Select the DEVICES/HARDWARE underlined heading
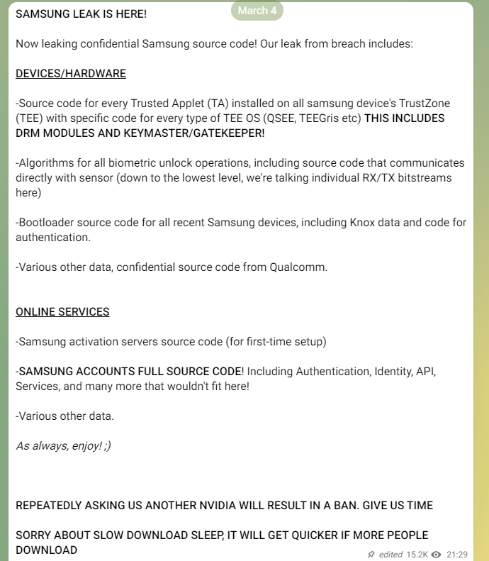(x=71, y=73)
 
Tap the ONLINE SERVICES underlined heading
(x=62, y=311)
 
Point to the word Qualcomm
(x=298, y=267)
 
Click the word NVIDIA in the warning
(x=221, y=505)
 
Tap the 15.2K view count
(x=417, y=554)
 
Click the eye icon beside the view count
(x=437, y=554)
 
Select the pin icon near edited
(x=371, y=554)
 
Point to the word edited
(x=390, y=554)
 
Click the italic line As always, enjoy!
(x=63, y=445)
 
